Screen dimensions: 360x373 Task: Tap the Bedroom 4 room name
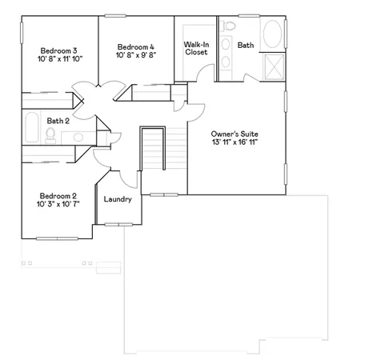pyautogui.click(x=136, y=46)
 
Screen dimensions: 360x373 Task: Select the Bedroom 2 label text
pyautogui.click(x=58, y=196)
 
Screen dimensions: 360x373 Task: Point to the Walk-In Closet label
pyautogui.click(x=196, y=49)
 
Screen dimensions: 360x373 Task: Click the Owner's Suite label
pyautogui.click(x=235, y=134)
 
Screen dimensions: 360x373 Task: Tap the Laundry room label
pyautogui.click(x=118, y=199)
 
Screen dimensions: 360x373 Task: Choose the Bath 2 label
pyautogui.click(x=58, y=121)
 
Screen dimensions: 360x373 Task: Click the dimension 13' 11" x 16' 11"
pyautogui.click(x=235, y=142)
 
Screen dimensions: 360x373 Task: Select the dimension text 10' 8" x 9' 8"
pyautogui.click(x=136, y=55)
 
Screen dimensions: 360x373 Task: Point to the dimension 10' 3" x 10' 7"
pyautogui.click(x=58, y=205)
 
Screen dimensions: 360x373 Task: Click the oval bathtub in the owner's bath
pyautogui.click(x=272, y=36)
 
